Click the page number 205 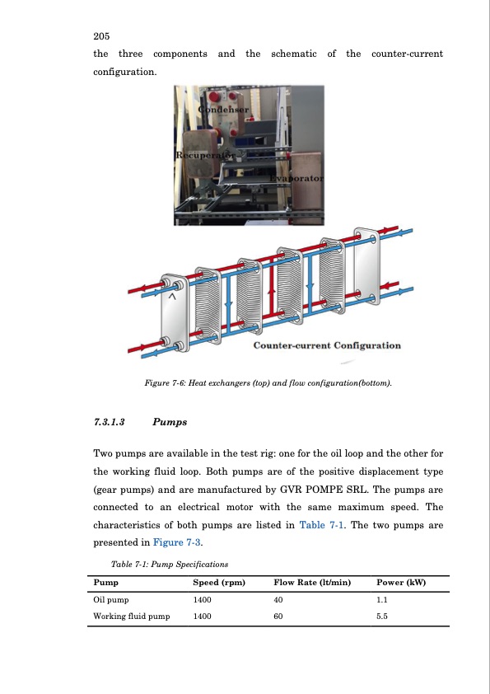tap(101, 36)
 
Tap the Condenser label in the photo tap(223, 110)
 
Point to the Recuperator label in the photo tap(206, 155)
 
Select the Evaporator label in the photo tap(296, 178)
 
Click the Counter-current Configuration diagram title tap(327, 345)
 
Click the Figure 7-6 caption tap(268, 382)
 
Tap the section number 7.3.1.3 tap(109, 422)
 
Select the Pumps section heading tap(170, 422)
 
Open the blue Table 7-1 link tap(321, 525)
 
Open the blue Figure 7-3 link tap(176, 542)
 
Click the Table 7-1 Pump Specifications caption tap(170, 565)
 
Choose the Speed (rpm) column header tap(219, 583)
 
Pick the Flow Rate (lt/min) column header tap(312, 583)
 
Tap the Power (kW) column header tap(401, 583)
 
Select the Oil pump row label tap(111, 600)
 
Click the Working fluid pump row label tap(131, 616)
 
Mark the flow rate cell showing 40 tap(278, 600)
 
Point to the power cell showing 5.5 tap(382, 616)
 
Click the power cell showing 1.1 tap(382, 600)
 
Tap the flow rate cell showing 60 tap(278, 616)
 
